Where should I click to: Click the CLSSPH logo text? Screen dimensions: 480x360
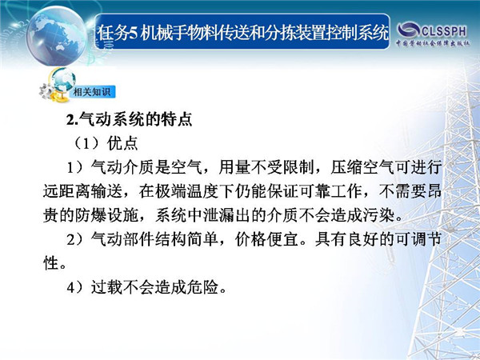444,31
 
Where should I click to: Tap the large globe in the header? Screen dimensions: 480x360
57,36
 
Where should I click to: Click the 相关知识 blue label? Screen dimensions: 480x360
92,91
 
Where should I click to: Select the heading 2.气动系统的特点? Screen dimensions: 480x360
130,119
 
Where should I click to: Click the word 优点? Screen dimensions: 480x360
122,143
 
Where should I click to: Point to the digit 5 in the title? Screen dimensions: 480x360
133,34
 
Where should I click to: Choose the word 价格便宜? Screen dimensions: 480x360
266,239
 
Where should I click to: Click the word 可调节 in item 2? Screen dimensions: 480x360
418,239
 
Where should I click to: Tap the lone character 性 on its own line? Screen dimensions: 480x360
51,263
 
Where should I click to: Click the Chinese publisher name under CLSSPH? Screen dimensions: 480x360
433,43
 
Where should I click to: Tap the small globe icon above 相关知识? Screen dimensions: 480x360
63,80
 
